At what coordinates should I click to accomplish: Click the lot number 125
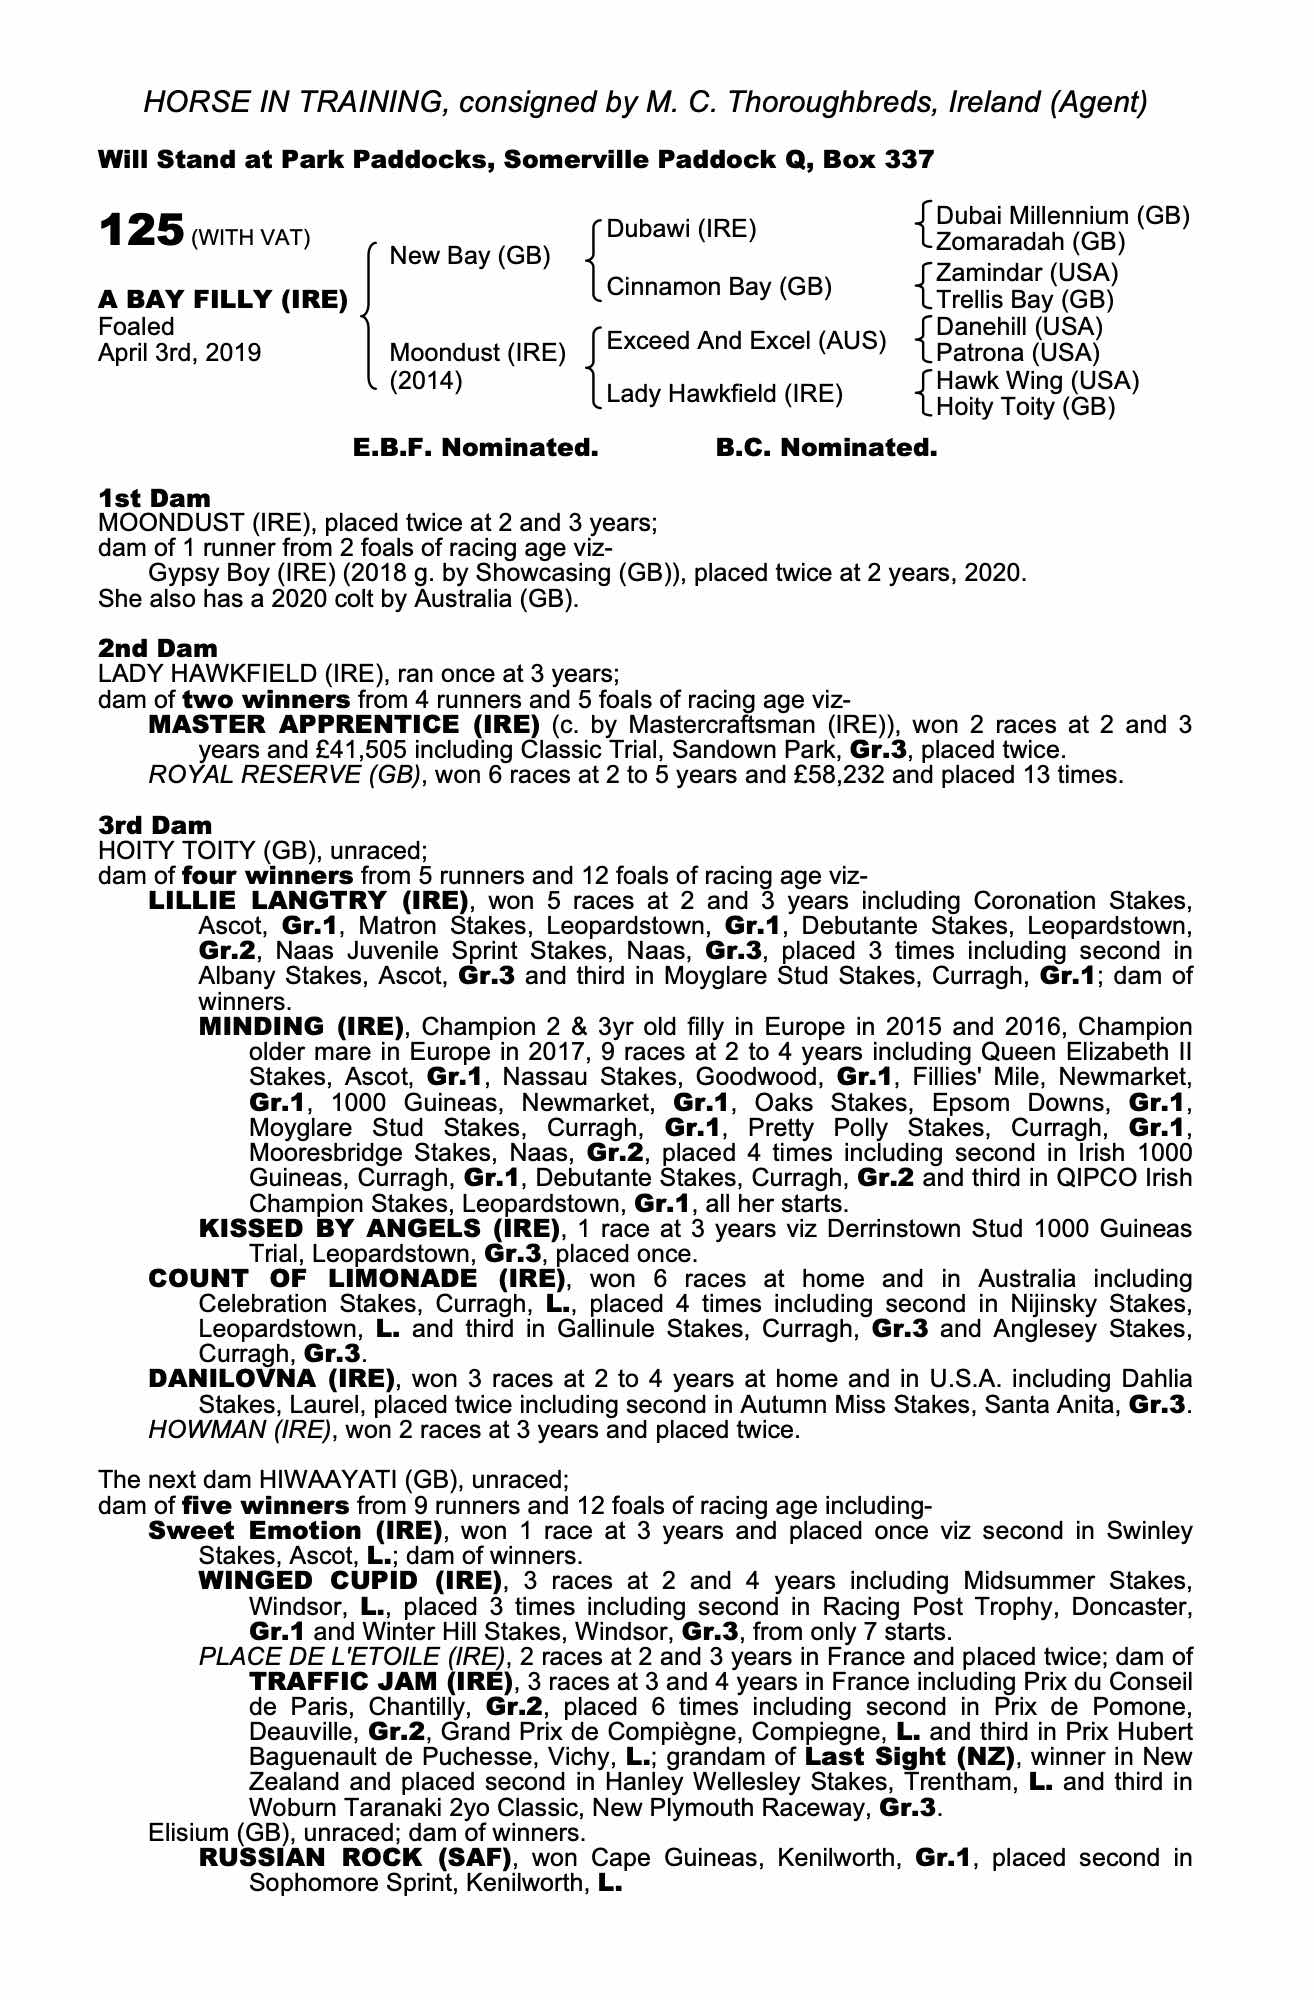140,231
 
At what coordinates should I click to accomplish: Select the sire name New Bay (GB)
470,256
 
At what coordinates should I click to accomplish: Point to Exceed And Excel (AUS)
746,341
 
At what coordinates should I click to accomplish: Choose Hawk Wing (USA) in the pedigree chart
1037,381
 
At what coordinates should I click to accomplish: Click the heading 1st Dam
154,498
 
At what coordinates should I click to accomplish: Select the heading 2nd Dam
157,648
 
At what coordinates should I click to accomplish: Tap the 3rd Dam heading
155,825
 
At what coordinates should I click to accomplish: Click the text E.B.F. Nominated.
476,448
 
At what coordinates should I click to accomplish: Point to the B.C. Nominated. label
826,448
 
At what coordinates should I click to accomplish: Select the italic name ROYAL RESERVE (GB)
284,775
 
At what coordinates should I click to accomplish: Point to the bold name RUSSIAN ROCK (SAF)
356,1858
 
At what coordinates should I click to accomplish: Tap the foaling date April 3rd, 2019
179,353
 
